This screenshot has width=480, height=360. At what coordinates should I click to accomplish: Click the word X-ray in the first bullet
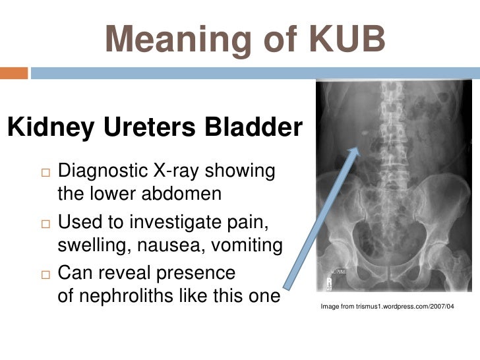pyautogui.click(x=179, y=171)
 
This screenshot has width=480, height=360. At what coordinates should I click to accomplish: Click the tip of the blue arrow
pyautogui.click(x=358, y=148)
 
